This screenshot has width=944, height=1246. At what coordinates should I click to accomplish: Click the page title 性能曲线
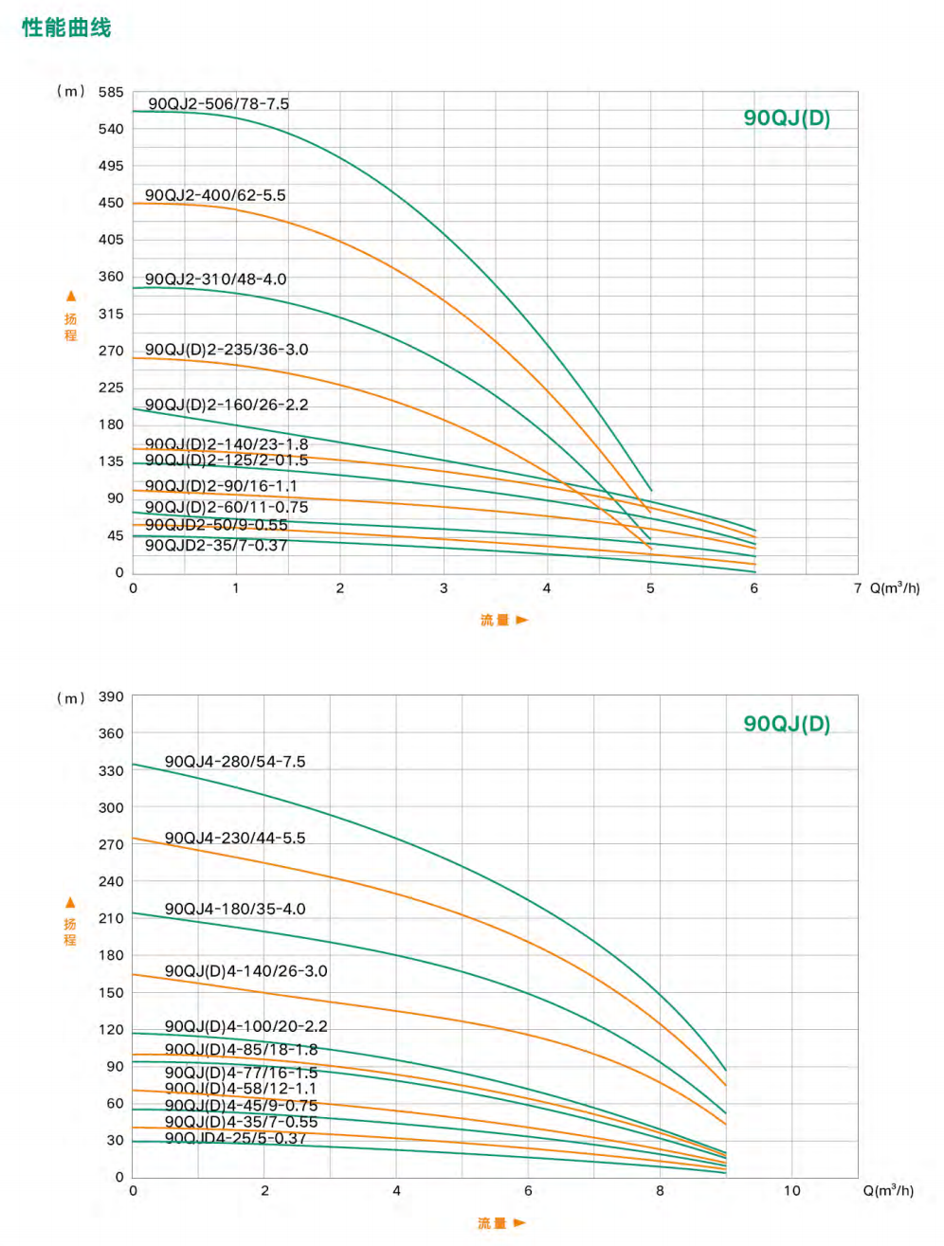[x=66, y=27]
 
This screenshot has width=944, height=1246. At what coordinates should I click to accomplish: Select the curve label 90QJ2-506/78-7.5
[x=218, y=103]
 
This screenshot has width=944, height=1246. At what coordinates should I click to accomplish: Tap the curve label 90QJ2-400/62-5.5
[x=215, y=195]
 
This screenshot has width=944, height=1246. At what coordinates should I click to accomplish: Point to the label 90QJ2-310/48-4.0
[x=215, y=280]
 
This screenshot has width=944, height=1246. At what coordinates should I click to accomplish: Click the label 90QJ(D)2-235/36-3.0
[x=227, y=350]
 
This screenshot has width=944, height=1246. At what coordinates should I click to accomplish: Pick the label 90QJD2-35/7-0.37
[x=216, y=545]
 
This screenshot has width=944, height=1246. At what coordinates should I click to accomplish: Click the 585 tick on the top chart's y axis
[x=111, y=92]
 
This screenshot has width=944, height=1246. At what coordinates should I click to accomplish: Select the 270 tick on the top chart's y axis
[x=111, y=351]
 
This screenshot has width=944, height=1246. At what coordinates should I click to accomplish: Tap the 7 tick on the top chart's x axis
[x=857, y=588]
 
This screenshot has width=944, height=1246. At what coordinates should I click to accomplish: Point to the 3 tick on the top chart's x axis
[x=444, y=588]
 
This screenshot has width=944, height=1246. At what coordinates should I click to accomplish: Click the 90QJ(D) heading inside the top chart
[x=787, y=118]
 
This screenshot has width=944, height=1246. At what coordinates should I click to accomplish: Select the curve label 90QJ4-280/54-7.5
[x=235, y=762]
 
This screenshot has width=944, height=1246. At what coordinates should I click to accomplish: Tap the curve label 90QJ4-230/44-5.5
[x=235, y=839]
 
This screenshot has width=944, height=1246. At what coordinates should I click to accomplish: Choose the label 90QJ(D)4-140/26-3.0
[x=246, y=971]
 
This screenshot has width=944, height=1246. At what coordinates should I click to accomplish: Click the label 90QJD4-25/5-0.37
[x=235, y=1138]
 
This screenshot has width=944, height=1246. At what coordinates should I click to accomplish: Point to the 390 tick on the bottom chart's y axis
[x=111, y=696]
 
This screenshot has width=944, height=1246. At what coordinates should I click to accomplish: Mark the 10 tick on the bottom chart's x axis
[x=791, y=1191]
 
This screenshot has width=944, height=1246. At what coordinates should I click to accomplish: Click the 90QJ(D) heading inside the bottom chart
[x=787, y=724]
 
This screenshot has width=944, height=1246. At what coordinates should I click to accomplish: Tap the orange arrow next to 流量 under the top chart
[x=522, y=620]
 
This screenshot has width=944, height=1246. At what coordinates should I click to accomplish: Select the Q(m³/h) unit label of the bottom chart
[x=888, y=1190]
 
